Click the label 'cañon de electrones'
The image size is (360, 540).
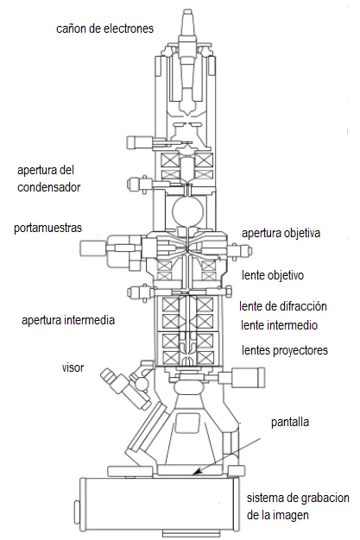104,28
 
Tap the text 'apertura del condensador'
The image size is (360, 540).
48,179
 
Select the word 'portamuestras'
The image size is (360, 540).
48,228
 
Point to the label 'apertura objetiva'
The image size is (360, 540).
281,233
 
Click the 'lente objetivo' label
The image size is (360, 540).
273,275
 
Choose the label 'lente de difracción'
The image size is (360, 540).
283,306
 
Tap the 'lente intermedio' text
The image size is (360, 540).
279,325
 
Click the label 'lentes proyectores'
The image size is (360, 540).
285,350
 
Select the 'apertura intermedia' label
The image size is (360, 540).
68,320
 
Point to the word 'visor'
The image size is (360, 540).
73,367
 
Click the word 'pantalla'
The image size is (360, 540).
290,422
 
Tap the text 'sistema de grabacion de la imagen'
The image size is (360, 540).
298,506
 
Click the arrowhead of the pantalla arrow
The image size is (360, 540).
195,474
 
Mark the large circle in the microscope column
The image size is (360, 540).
188,210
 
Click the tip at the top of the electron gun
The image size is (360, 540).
186,12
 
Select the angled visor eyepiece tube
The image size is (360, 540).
125,388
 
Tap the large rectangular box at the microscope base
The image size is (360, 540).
159,505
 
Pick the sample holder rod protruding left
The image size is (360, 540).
93,248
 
